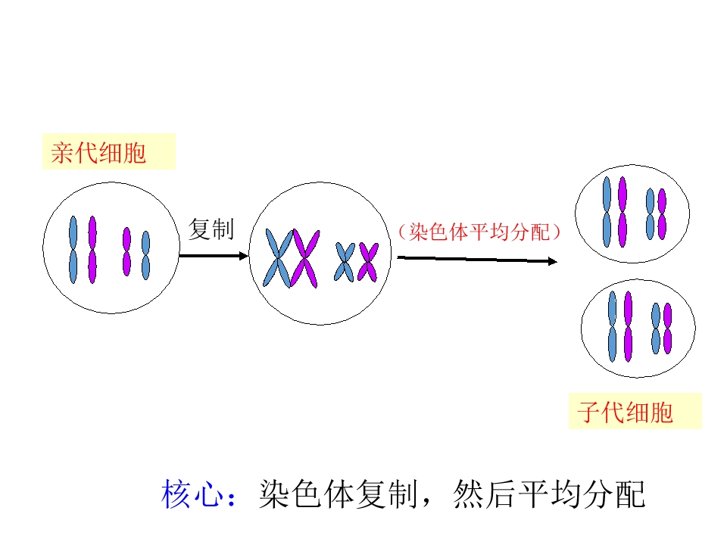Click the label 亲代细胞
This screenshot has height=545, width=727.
(x=98, y=154)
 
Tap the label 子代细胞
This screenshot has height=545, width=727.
(x=626, y=413)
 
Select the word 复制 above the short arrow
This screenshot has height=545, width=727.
(x=211, y=229)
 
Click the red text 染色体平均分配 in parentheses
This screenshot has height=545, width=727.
(x=479, y=232)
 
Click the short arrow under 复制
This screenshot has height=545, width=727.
(x=214, y=256)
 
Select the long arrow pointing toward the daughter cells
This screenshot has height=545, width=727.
(x=477, y=260)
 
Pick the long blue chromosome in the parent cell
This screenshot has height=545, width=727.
(x=73, y=250)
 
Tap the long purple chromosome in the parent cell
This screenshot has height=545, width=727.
(x=92, y=250)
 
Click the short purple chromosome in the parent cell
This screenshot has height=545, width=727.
(x=126, y=251)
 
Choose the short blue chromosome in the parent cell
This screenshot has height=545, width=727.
(x=145, y=255)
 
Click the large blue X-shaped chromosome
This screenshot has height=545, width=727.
(x=279, y=258)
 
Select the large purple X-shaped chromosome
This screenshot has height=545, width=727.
(x=305, y=257)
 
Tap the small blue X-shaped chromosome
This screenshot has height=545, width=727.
(x=345, y=262)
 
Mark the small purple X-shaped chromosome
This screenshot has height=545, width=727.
(x=368, y=261)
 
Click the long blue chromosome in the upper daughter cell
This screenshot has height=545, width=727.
(x=607, y=212)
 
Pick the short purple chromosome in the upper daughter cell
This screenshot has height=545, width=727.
(x=662, y=213)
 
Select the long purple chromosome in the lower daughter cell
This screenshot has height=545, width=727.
(x=628, y=326)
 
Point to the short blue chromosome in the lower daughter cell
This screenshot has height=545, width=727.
(x=656, y=329)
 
